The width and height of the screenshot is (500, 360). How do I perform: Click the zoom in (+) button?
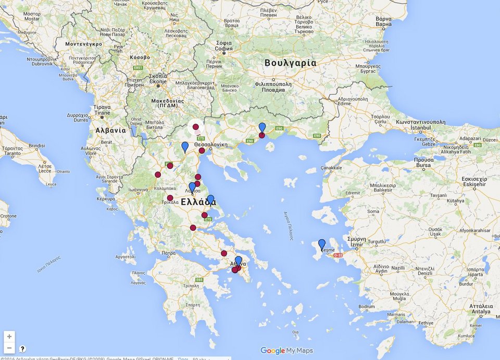click(x=9, y=337)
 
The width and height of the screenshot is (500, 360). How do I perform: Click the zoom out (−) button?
click(x=9, y=348)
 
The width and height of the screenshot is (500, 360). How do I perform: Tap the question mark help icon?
click(x=22, y=349)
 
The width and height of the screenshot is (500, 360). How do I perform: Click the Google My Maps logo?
click(x=286, y=351)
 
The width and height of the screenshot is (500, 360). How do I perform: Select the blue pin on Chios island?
click(x=322, y=244)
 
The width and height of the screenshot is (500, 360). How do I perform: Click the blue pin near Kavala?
click(x=262, y=128)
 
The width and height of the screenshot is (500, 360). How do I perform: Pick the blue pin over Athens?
click(x=239, y=261)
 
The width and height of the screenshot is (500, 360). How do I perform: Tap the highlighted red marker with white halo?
click(x=196, y=127)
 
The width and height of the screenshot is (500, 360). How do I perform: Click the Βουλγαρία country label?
click(x=290, y=63)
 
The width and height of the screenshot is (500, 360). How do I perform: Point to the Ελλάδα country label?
click(x=198, y=202)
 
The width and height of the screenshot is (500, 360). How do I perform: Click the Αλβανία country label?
click(x=110, y=130)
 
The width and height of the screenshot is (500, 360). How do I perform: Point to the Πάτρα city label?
click(x=168, y=253)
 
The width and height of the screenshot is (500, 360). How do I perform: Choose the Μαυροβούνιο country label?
click(x=80, y=44)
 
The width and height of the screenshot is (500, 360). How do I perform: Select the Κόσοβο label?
click(x=139, y=57)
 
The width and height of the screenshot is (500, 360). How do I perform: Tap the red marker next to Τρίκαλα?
click(x=170, y=198)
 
